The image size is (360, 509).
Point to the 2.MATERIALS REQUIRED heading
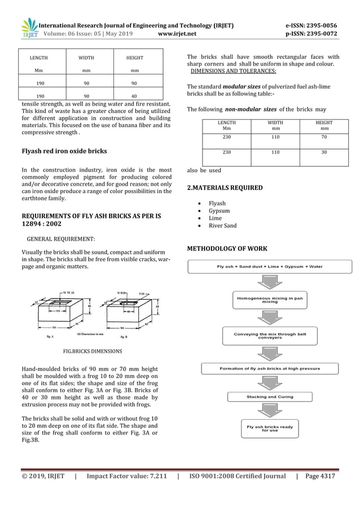[x=225, y=187]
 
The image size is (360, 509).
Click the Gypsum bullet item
[x=219, y=211]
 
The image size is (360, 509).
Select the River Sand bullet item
[x=222, y=226]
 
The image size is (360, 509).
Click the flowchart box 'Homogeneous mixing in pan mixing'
[x=270, y=300]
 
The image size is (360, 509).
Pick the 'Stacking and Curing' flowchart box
[x=270, y=397]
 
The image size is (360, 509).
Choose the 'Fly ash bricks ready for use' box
[x=270, y=429]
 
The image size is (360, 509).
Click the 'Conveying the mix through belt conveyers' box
[x=270, y=336]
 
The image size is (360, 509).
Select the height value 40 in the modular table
[x=134, y=96]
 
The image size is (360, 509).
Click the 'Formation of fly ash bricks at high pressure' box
[x=270, y=368]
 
